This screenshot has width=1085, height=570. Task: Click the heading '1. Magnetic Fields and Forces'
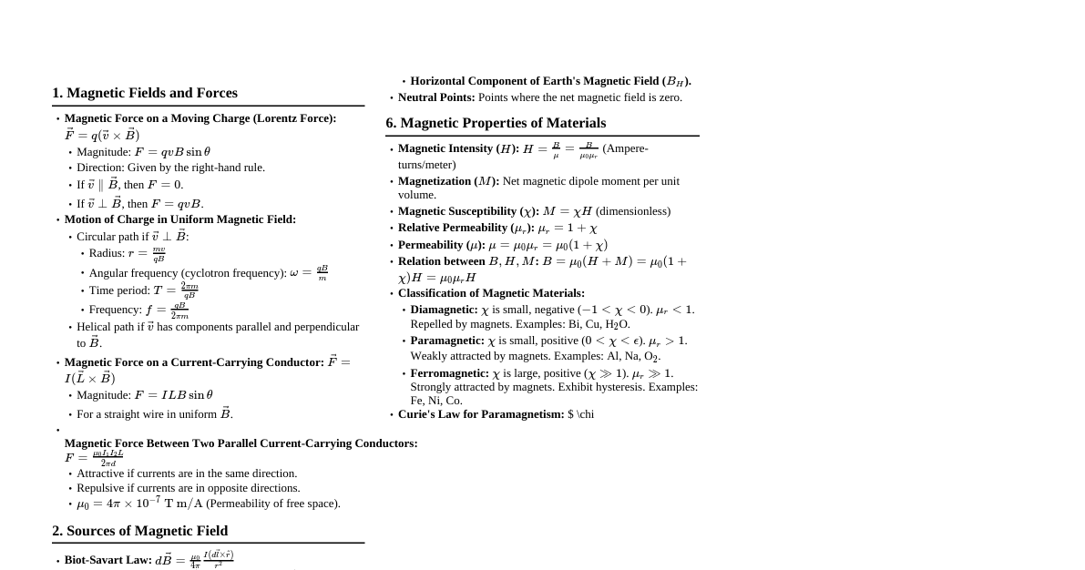pyautogui.click(x=145, y=93)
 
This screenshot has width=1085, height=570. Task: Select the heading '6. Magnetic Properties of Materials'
pyautogui.click(x=496, y=123)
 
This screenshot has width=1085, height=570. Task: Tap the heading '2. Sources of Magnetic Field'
pyautogui.click(x=139, y=531)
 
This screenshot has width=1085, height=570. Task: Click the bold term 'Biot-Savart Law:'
pyautogui.click(x=107, y=560)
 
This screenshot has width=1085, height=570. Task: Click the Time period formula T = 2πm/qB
pyautogui.click(x=175, y=290)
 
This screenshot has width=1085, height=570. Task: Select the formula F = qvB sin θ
pyautogui.click(x=172, y=152)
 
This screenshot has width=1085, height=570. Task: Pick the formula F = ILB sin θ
pyautogui.click(x=173, y=395)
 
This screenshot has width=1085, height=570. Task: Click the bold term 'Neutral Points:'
pyautogui.click(x=436, y=97)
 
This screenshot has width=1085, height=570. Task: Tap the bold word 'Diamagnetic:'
pyautogui.click(x=444, y=310)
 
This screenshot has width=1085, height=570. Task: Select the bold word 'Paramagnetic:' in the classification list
pyautogui.click(x=447, y=341)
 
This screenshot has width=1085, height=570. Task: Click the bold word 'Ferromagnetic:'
pyautogui.click(x=449, y=373)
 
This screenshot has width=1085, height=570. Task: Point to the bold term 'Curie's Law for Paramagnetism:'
pyautogui.click(x=481, y=414)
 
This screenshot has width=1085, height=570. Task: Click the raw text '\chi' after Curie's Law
pyautogui.click(x=585, y=414)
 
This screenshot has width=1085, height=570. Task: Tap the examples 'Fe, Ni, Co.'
pyautogui.click(x=436, y=401)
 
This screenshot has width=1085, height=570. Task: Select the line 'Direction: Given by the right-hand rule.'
pyautogui.click(x=170, y=168)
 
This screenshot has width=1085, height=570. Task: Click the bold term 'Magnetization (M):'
pyautogui.click(x=448, y=181)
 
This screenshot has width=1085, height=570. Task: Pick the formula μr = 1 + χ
pyautogui.click(x=568, y=228)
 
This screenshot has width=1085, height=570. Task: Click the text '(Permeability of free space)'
pyautogui.click(x=272, y=504)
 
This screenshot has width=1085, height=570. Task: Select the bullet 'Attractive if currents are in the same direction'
pyautogui.click(x=187, y=473)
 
